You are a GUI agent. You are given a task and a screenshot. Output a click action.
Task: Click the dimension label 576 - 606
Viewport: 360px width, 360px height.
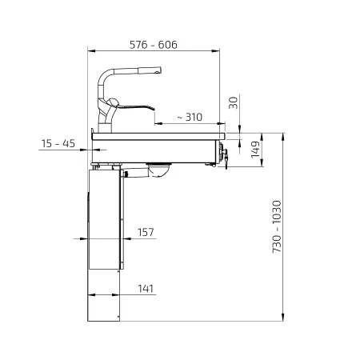(x=154, y=45)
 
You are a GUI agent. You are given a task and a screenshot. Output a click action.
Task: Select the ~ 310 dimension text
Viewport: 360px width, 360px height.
(x=190, y=117)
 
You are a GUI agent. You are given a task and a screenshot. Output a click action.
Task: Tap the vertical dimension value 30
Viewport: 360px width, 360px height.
(x=234, y=102)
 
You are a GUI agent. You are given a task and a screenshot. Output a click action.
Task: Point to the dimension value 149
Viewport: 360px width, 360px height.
(x=255, y=150)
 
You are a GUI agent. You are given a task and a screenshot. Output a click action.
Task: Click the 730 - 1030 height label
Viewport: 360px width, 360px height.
(x=277, y=226)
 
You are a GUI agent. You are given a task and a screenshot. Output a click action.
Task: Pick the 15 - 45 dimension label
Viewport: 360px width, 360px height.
(x=58, y=143)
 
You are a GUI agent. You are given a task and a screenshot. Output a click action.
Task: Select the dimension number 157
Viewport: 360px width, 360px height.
(x=146, y=232)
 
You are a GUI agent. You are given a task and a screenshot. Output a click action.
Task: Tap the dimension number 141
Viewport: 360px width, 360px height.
(x=146, y=289)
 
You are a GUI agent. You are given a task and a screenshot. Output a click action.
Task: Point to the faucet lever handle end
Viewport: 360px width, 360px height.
(x=153, y=109)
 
